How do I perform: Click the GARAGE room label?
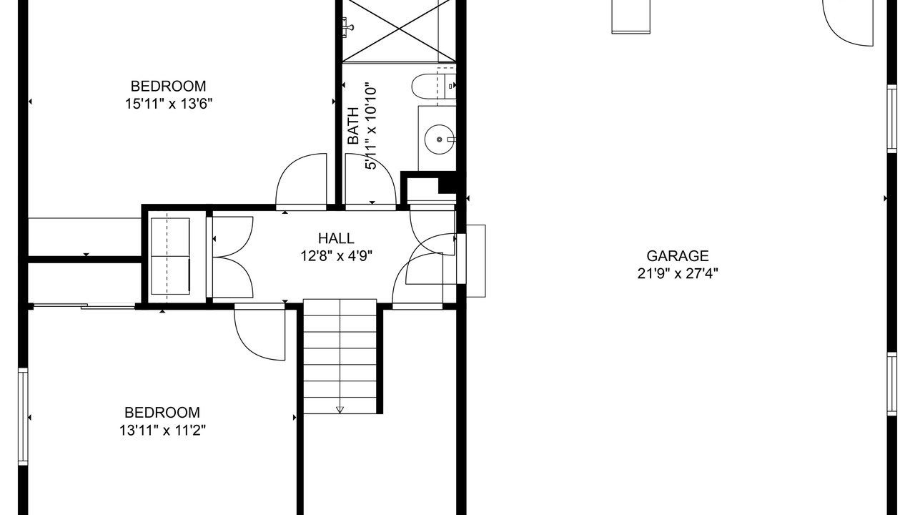coord(677,256)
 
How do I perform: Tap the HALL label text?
coord(336,238)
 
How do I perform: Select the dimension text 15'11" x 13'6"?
coord(169,104)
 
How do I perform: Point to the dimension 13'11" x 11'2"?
coord(162,430)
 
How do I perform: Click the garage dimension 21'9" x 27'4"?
coord(678,273)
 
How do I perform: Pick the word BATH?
coord(353,126)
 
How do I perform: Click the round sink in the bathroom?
coord(439,139)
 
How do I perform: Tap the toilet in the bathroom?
coord(433,86)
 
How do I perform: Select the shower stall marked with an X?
coord(399,31)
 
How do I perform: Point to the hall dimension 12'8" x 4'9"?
coord(336,256)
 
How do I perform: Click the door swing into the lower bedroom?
coord(259,333)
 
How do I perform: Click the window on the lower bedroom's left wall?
coord(24,416)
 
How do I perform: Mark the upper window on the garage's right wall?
coord(891,119)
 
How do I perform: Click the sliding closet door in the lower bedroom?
coord(84,305)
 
